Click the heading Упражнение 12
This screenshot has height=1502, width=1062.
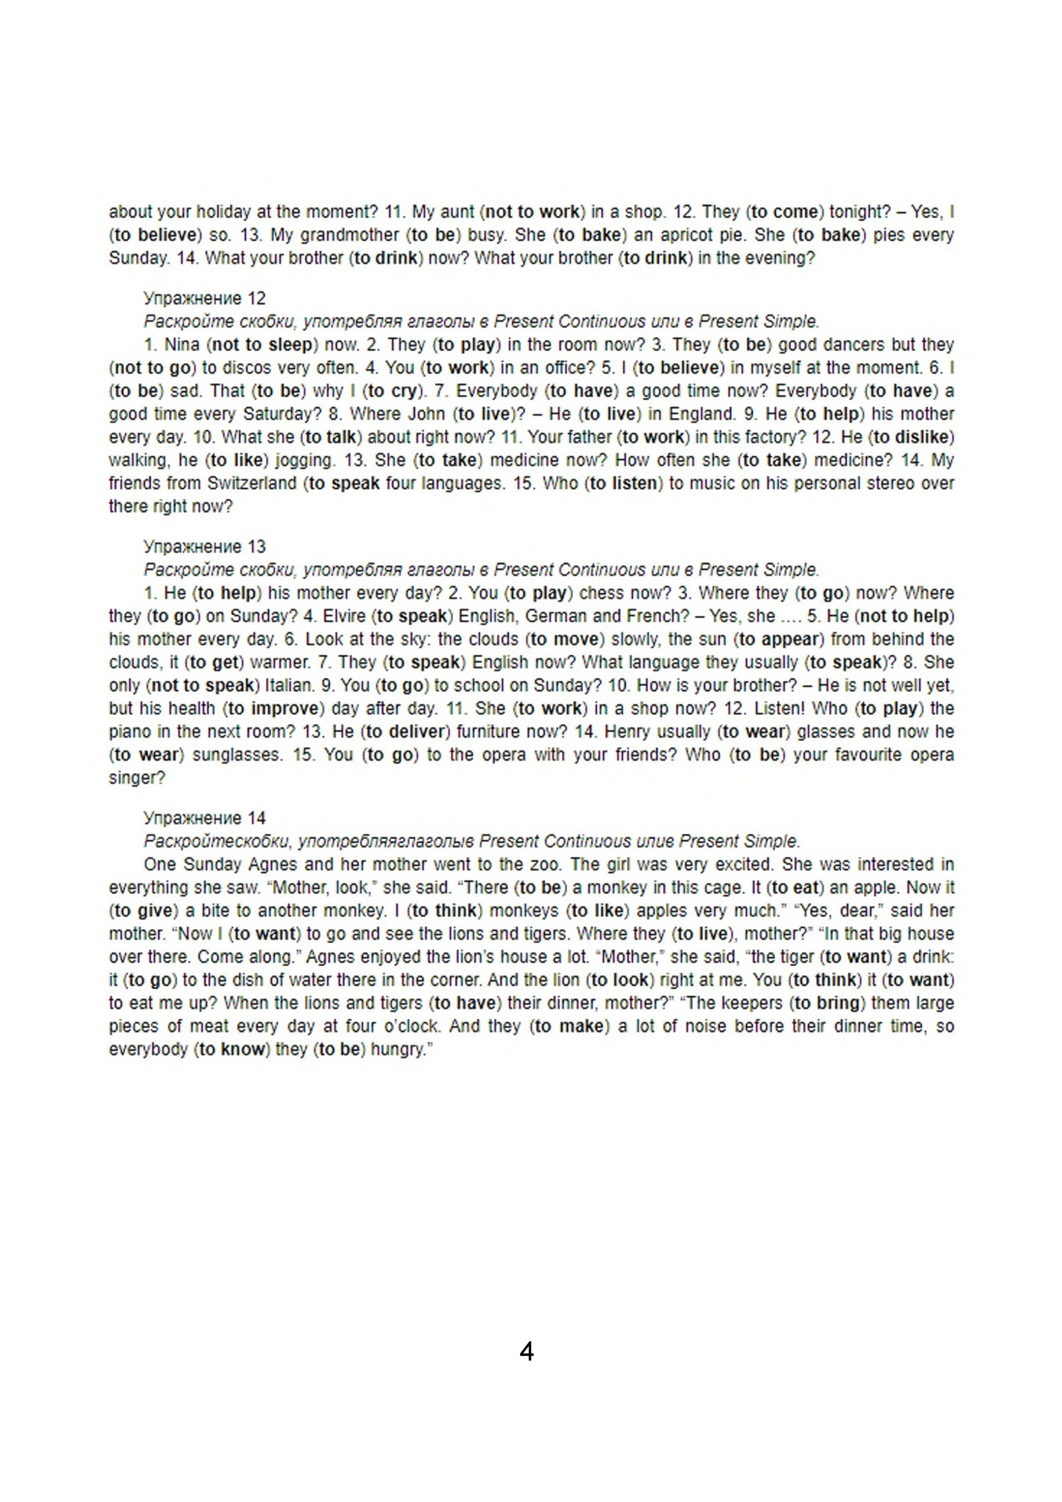click(205, 298)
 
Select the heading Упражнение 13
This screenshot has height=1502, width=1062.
click(205, 546)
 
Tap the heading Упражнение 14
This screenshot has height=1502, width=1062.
click(205, 818)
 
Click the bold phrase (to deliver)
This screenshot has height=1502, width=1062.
click(406, 732)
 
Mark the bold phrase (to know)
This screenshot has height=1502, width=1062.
click(232, 1049)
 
